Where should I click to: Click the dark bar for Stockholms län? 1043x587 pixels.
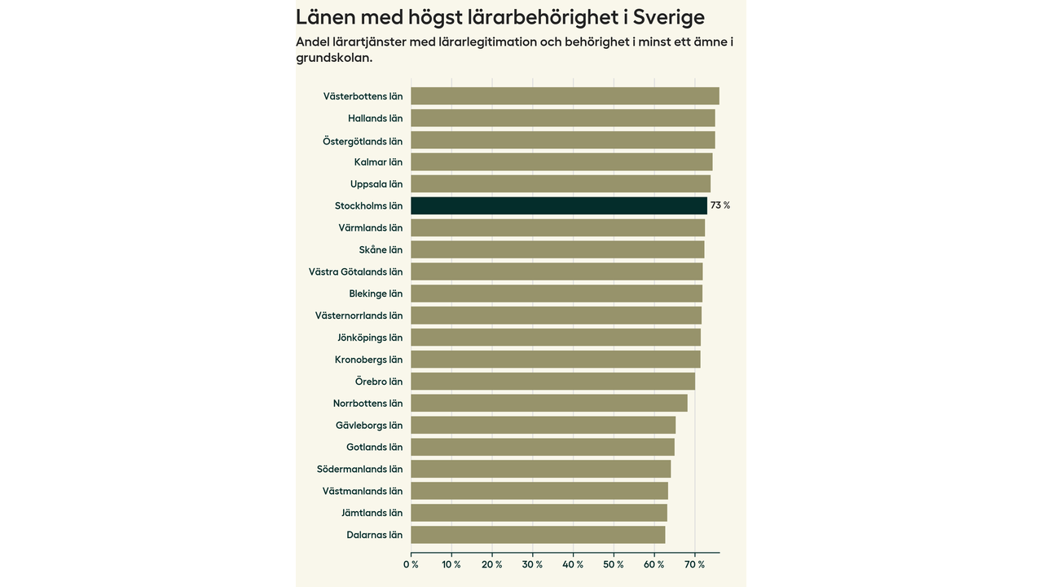(x=559, y=205)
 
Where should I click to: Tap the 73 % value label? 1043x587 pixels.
(x=720, y=205)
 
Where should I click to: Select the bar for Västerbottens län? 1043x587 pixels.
(x=565, y=96)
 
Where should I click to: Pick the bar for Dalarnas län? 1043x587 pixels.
(x=538, y=535)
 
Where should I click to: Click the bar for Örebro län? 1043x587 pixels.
(x=552, y=382)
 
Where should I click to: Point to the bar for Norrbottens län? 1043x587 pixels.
(x=549, y=404)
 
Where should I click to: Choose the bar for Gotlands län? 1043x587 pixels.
(x=543, y=447)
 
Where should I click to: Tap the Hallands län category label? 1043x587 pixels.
(x=375, y=118)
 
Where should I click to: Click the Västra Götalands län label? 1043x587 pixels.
(x=355, y=271)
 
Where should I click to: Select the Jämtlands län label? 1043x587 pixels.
(x=372, y=513)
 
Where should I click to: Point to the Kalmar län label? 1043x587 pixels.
(x=378, y=162)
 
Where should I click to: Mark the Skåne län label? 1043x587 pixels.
(x=381, y=249)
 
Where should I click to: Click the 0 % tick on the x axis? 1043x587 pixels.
(x=411, y=564)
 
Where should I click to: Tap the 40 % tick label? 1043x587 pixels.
(x=574, y=564)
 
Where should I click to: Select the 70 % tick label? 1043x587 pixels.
(x=695, y=564)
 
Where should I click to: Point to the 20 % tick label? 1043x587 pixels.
(x=492, y=564)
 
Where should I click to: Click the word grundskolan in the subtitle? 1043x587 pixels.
(x=334, y=58)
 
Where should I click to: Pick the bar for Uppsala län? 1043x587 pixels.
(x=561, y=183)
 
